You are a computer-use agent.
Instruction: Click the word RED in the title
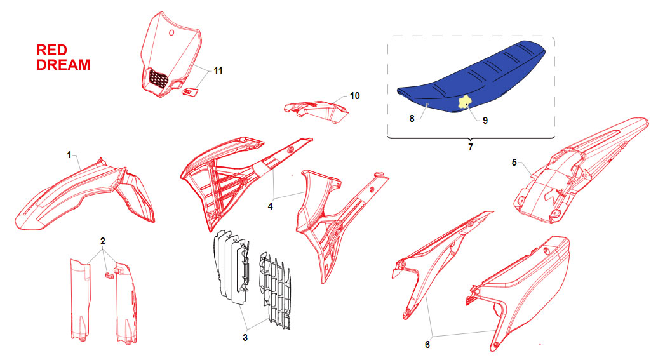[51, 50]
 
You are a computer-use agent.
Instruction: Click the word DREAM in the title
[64, 65]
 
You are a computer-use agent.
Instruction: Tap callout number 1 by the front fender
[69, 156]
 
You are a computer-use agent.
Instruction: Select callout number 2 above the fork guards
[103, 241]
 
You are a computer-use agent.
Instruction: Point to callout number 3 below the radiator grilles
[245, 337]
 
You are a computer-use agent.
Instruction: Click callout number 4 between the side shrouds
[271, 206]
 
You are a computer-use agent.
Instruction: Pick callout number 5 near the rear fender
[514, 163]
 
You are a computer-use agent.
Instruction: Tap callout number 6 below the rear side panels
[427, 345]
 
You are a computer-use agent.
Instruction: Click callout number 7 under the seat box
[471, 147]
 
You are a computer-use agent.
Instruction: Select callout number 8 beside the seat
[412, 119]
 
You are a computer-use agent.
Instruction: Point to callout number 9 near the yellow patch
[485, 121]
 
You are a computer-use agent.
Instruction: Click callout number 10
[354, 96]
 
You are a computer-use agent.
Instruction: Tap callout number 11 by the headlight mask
[218, 70]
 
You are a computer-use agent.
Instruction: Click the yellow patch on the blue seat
[464, 102]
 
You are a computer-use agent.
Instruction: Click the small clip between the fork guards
[109, 276]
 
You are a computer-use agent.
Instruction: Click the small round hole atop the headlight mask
[171, 33]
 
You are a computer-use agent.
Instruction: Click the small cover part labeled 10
[316, 111]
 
